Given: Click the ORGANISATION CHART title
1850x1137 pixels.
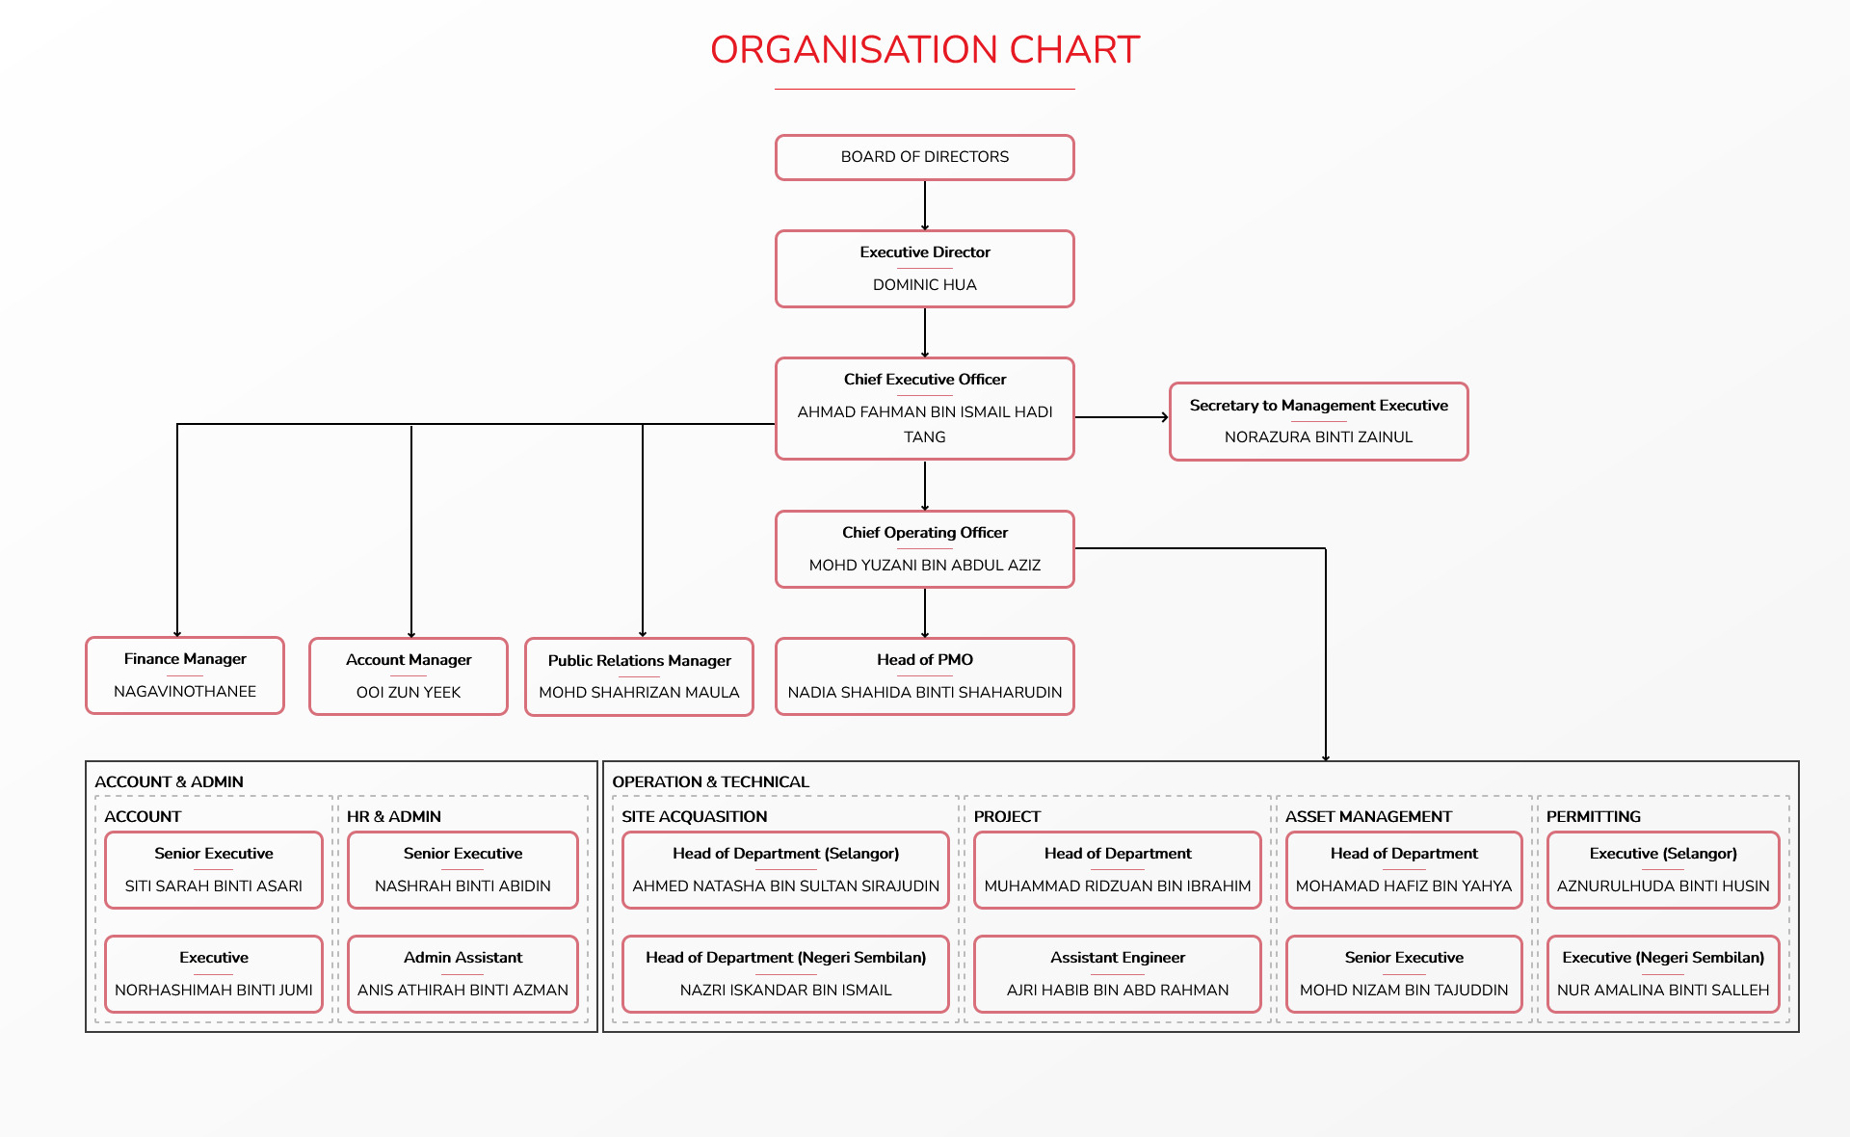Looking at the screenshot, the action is tap(925, 50).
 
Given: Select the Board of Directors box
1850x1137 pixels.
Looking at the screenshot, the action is tap(925, 157).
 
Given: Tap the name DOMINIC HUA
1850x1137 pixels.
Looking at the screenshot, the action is tap(925, 285).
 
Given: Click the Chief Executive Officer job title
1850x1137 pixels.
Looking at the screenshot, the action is tap(925, 380).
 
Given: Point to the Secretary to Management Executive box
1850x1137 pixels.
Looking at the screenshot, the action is tap(1319, 421).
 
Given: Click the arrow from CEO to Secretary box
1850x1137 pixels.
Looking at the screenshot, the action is tap(1123, 417).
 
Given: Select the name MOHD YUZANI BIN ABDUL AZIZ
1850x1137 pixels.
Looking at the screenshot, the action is tap(925, 566).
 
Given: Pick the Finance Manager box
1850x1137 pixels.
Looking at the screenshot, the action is tap(185, 675).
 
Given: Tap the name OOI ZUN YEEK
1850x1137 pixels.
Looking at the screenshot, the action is tap(409, 693).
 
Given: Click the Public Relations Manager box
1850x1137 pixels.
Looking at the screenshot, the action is tap(640, 676).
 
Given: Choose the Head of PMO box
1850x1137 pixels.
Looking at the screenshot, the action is tap(925, 676).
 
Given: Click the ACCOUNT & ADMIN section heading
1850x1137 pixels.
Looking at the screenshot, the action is tap(169, 781).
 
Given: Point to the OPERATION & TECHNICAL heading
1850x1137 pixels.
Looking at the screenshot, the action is tap(710, 781).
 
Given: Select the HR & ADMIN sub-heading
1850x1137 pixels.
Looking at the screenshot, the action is tap(393, 816).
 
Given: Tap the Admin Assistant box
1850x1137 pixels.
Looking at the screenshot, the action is tap(462, 974).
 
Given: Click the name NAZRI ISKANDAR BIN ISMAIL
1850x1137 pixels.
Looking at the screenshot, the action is tap(786, 991).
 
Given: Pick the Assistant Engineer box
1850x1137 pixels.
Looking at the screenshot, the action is tap(1118, 974).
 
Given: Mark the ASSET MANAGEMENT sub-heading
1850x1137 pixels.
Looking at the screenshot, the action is tap(1368, 816).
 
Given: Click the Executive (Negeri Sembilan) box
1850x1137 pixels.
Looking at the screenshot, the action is tap(1663, 974).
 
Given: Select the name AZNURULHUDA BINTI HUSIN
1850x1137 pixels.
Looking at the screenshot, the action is tap(1663, 886).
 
